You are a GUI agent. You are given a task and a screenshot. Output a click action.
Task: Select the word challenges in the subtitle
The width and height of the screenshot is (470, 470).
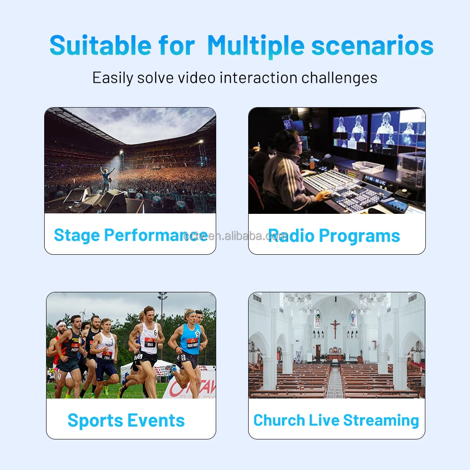tap(339, 78)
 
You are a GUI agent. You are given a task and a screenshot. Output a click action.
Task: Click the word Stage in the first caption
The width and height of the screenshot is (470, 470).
tap(76, 235)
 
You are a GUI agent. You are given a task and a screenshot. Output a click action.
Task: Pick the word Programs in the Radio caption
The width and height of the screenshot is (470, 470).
tap(361, 235)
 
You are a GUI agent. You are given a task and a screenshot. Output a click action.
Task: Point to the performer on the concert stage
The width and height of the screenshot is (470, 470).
tap(107, 178)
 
